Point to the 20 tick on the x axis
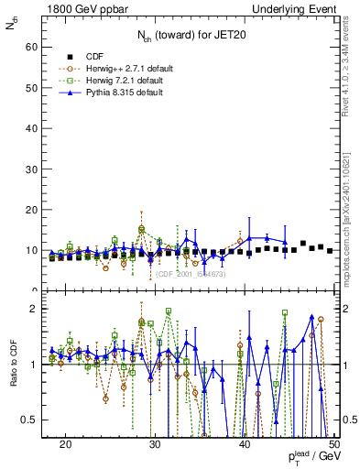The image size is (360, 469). [x=65, y=443]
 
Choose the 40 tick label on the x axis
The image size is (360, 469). [x=244, y=443]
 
